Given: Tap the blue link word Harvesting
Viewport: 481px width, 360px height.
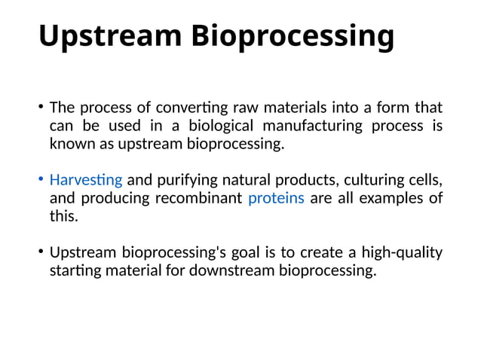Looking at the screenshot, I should [x=85, y=180].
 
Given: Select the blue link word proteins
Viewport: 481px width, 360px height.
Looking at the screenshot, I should [x=276, y=198].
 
